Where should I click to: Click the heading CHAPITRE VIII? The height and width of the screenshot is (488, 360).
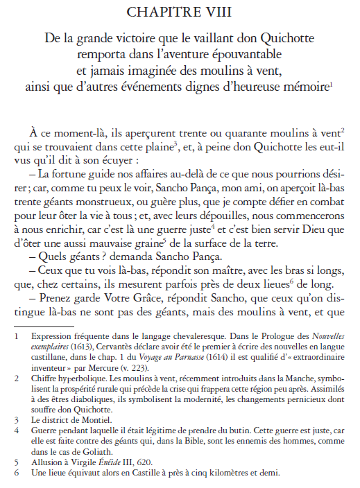pyautogui.click(x=180, y=11)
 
